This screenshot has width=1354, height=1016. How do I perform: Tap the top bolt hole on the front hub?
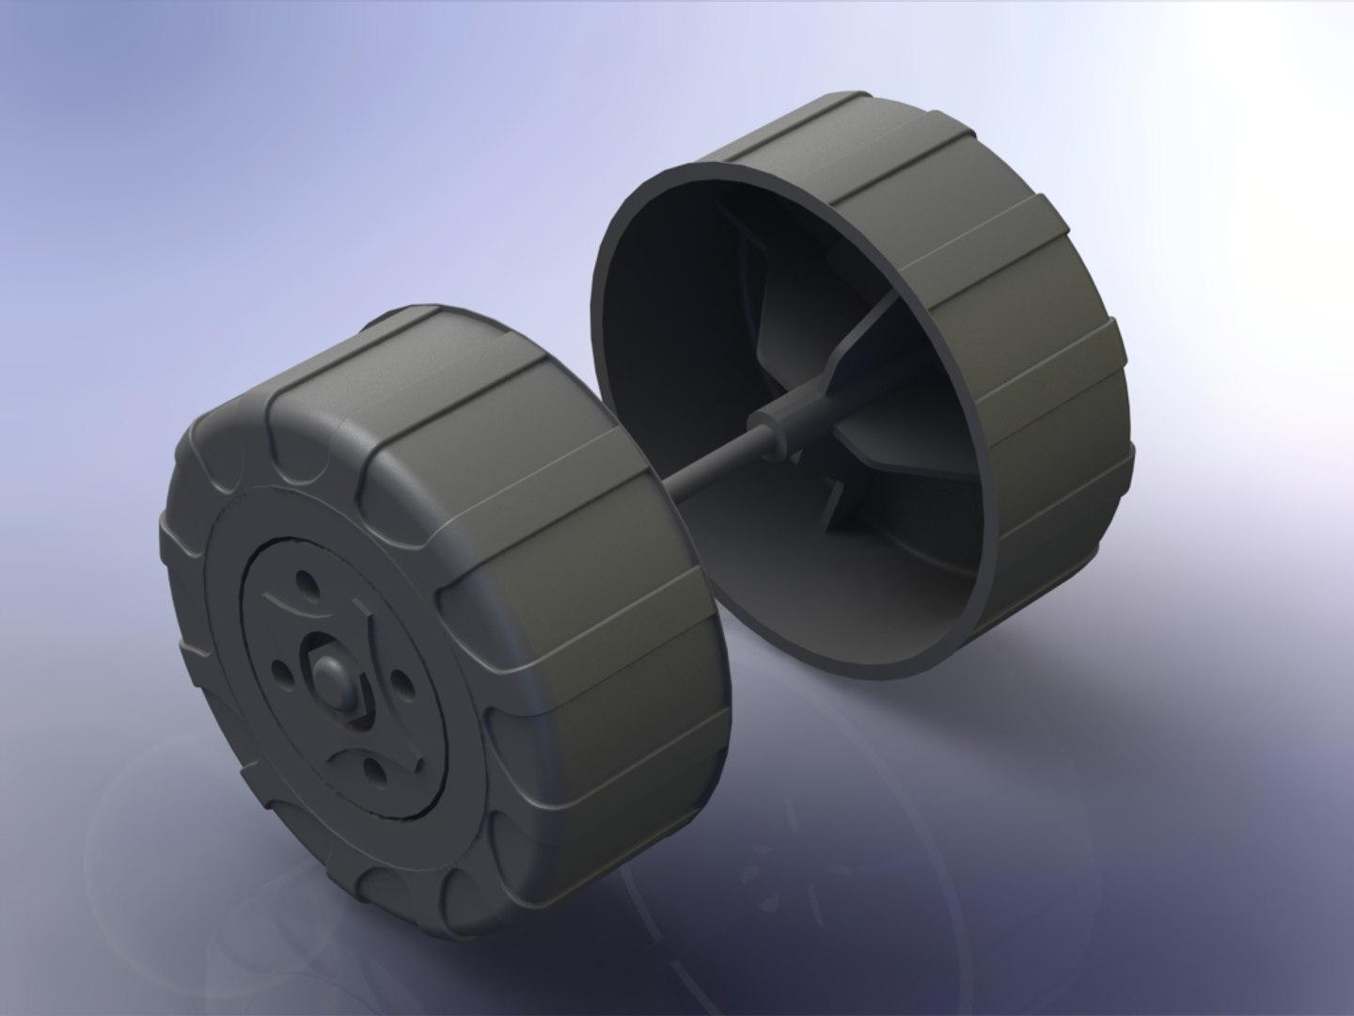[305, 605]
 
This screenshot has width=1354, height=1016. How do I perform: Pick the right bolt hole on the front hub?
[399, 684]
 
